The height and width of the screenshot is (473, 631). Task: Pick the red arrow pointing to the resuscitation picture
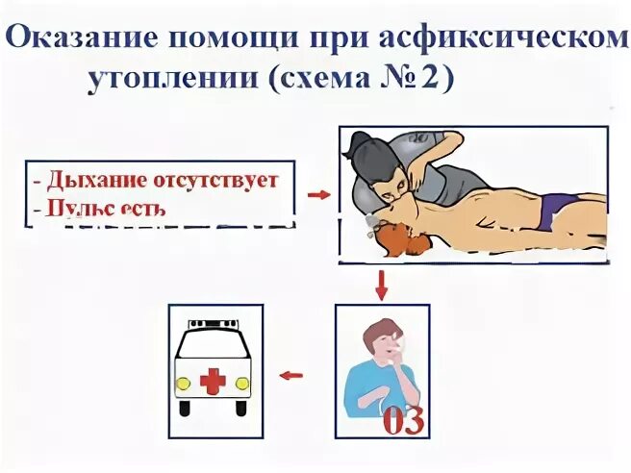click(x=318, y=195)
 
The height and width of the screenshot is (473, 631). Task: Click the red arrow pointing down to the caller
click(x=382, y=285)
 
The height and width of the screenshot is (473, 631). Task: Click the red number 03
click(x=403, y=421)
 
